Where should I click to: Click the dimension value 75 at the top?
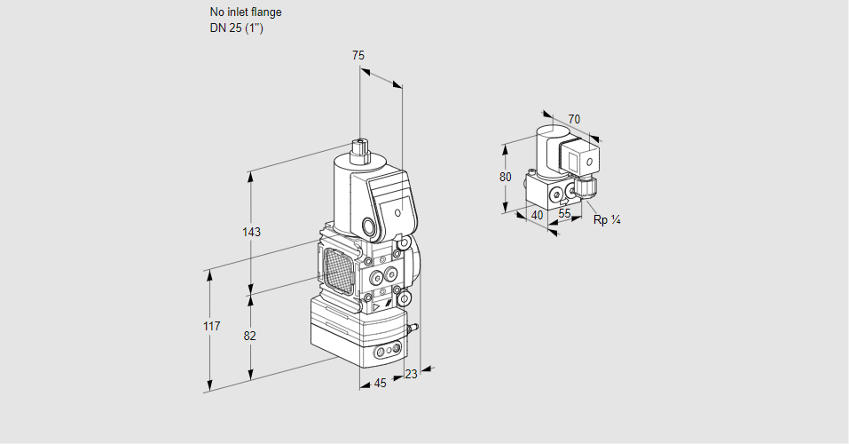click(x=358, y=55)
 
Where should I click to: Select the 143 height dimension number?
click(x=251, y=232)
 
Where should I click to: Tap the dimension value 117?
click(x=210, y=327)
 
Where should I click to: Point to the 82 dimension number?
click(x=249, y=336)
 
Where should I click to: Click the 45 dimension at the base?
click(x=380, y=384)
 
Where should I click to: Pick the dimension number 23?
click(x=411, y=374)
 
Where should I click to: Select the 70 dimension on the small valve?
click(x=574, y=119)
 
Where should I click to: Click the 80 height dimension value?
click(x=505, y=177)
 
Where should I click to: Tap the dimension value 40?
click(x=536, y=214)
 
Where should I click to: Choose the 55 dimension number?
click(x=564, y=214)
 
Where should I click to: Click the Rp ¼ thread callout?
click(x=606, y=220)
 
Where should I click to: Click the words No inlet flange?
click(x=246, y=12)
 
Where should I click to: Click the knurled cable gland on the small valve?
click(x=586, y=187)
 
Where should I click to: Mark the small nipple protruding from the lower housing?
click(x=411, y=329)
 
